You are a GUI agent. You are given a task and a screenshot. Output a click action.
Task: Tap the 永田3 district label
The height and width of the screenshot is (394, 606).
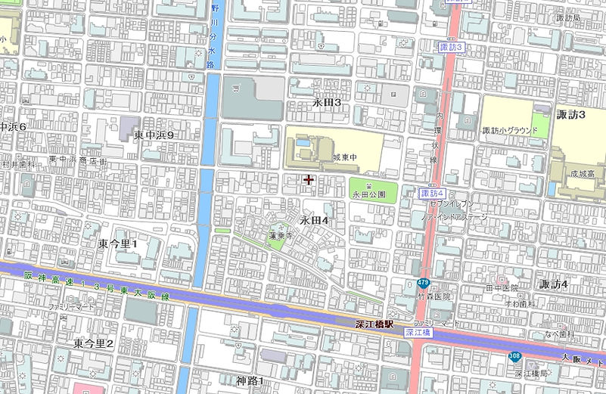(x=327, y=102)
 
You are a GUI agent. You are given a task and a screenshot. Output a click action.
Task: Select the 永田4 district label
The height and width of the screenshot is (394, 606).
(x=313, y=221)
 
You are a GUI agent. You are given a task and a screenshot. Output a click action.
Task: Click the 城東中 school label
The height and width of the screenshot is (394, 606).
(x=343, y=157)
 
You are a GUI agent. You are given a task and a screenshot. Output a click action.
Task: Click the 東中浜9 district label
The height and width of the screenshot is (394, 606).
(x=154, y=135)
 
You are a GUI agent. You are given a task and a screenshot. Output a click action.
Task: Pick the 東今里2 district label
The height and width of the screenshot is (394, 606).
(x=93, y=343)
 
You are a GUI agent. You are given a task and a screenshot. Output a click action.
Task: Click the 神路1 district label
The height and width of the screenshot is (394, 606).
(x=250, y=380)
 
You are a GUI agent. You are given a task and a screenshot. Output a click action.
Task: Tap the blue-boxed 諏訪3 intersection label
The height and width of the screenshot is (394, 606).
(x=451, y=47)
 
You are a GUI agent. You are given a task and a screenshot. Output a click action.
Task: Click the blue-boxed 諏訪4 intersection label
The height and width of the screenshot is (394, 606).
(x=431, y=194)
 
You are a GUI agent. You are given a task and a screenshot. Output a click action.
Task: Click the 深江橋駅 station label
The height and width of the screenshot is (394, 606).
(x=374, y=324)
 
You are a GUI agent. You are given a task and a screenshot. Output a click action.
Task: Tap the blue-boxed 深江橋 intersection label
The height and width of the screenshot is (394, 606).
(x=418, y=332)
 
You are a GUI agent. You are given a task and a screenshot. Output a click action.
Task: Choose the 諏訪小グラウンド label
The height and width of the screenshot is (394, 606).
(x=510, y=130)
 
